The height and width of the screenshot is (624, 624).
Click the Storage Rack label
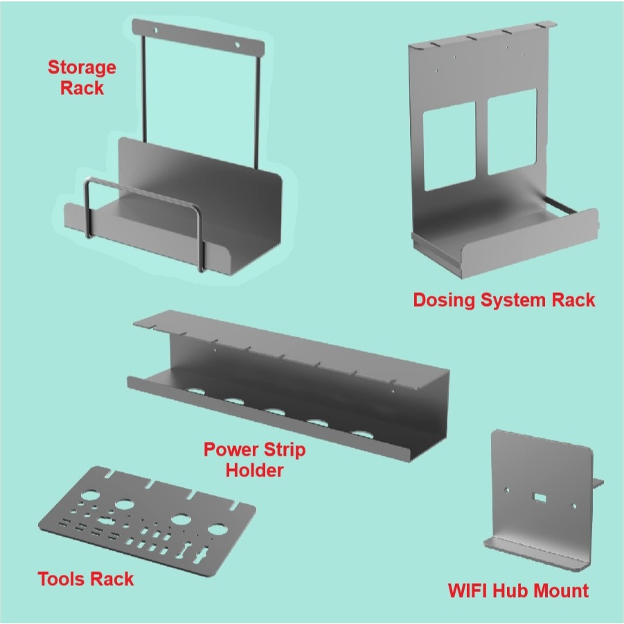81,78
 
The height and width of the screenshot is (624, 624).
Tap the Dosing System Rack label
503,300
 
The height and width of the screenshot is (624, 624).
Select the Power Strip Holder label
254,460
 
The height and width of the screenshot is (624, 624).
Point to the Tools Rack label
86,578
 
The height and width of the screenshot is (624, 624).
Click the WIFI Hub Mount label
518,591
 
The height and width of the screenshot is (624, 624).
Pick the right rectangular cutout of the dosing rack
512,132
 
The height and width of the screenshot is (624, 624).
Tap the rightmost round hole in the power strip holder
361,434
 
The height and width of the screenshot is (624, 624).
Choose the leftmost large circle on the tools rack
89,497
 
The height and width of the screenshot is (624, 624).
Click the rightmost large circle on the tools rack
217,531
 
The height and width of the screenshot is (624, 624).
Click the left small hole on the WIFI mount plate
506,490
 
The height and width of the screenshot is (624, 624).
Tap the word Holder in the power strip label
255,470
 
